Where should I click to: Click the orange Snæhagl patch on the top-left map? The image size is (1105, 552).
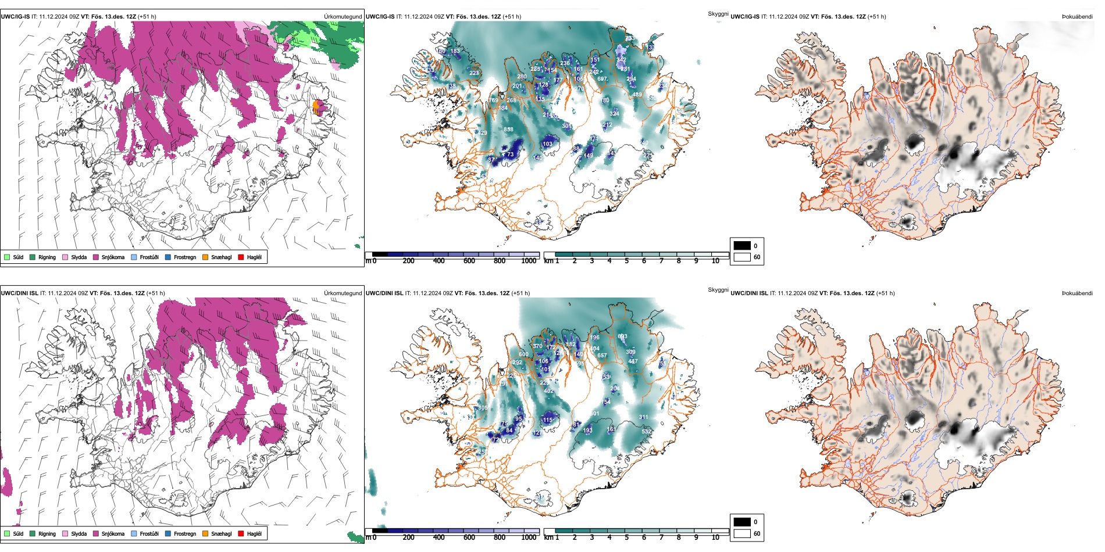pos(317,107)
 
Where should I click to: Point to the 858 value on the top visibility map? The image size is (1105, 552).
pos(508,130)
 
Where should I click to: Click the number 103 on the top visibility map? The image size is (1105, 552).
pos(547,144)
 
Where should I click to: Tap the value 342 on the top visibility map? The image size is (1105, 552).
pos(621,60)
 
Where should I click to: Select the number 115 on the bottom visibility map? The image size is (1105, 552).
pos(547,420)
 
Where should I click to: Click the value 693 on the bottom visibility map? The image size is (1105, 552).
pos(622,336)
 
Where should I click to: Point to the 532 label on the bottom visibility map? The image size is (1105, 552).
pos(646,432)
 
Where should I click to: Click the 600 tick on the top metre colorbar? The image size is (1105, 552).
pos(469,261)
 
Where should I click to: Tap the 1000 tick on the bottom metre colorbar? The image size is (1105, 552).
pos(529,537)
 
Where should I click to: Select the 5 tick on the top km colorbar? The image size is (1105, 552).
pos(626,261)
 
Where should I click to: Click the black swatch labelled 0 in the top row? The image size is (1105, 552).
pos(742,246)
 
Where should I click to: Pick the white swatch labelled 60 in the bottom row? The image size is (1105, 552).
pos(742,533)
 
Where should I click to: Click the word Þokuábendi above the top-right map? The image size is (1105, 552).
pos(1077,17)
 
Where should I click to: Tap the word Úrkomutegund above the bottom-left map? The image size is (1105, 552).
pos(343,293)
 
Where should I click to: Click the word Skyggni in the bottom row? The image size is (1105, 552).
pos(718,290)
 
